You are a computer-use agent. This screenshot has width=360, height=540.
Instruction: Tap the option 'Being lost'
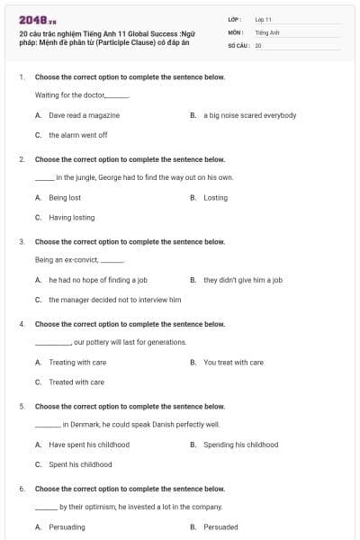tap(65, 197)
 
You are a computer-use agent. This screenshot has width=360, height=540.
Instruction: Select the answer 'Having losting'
tap(71, 217)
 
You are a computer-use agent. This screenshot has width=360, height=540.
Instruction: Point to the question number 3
tap(21, 242)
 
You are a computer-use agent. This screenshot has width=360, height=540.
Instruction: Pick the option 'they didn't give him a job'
tap(243, 280)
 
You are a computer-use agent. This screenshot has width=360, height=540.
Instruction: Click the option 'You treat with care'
tap(233, 363)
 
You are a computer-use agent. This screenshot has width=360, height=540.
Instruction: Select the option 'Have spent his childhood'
tap(89, 445)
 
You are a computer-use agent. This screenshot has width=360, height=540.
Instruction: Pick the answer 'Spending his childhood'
tap(240, 445)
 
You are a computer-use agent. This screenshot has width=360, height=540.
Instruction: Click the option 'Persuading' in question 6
tap(67, 527)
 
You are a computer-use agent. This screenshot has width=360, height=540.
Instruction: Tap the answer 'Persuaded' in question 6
tap(220, 527)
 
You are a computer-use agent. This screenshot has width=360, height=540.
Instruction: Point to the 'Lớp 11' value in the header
tap(263, 18)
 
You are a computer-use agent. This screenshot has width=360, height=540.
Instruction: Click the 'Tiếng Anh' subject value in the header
tap(266, 31)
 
